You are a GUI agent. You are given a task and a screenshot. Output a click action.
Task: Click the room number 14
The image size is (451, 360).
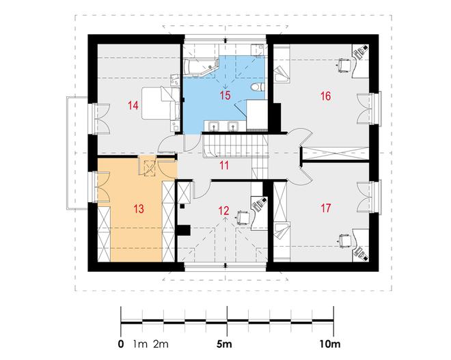133,105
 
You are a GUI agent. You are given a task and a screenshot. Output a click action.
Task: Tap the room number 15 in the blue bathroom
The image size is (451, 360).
225,95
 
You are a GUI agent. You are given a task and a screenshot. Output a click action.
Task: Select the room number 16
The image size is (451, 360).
325,96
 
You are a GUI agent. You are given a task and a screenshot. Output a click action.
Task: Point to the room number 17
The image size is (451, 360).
325,208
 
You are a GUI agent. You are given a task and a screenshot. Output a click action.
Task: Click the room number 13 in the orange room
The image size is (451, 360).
138,209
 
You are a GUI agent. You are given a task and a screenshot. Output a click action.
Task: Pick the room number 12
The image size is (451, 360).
223,211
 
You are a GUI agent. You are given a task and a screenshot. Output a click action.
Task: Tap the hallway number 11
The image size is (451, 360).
224,165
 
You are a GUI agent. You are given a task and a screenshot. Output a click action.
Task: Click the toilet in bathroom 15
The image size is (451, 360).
257,87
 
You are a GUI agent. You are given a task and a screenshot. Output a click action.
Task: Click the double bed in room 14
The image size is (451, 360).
161,103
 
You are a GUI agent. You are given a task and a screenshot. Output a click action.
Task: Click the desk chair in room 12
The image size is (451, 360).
243,217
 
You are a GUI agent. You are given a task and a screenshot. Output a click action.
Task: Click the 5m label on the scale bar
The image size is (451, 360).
224,344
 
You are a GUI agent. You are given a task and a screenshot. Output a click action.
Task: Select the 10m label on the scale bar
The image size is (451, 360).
329,344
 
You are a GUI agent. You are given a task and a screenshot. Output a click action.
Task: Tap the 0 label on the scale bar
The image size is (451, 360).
121,344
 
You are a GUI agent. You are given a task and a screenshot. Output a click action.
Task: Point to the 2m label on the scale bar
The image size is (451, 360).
161,344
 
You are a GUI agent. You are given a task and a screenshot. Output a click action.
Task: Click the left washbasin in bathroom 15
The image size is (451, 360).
214,126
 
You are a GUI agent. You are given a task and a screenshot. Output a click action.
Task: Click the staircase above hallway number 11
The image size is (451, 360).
236,146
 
